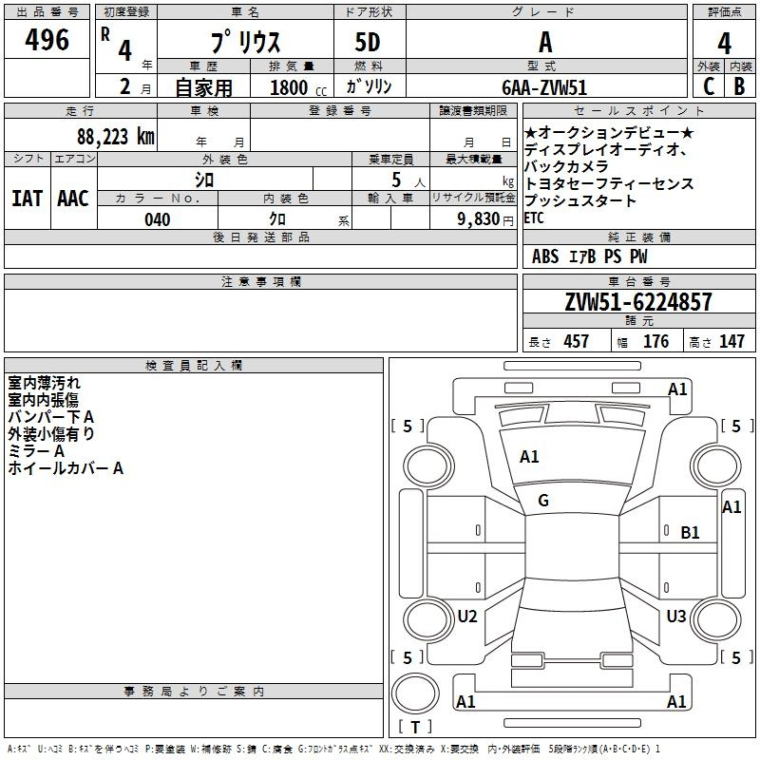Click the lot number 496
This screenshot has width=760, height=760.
tap(47, 40)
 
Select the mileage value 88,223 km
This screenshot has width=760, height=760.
tap(116, 137)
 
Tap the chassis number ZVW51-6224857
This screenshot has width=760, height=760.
tap(638, 302)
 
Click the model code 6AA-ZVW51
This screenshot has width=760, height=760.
tap(544, 87)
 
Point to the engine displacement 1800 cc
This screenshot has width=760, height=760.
tap(298, 87)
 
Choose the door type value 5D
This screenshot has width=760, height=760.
tap(368, 43)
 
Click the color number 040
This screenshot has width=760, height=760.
tap(158, 219)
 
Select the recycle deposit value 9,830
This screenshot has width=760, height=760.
tap(478, 219)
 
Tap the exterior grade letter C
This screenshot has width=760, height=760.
tap(709, 86)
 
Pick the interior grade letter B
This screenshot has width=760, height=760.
tap(739, 86)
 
